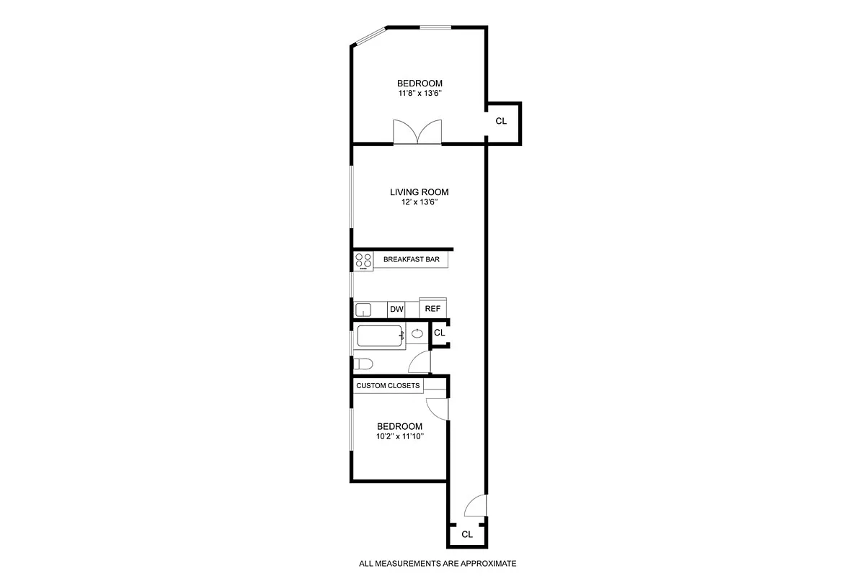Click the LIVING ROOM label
click(x=419, y=192)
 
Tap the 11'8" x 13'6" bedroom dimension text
click(x=420, y=94)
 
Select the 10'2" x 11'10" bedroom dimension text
click(x=399, y=436)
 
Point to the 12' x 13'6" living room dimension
click(x=419, y=203)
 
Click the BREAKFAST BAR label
click(x=411, y=259)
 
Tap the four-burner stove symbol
click(x=363, y=261)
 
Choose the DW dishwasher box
click(x=396, y=310)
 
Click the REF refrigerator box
click(x=432, y=309)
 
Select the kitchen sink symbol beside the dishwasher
click(x=364, y=310)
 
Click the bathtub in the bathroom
click(x=380, y=336)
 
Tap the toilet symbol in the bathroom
click(x=363, y=364)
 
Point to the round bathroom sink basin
click(x=418, y=333)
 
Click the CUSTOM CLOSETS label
click(x=388, y=386)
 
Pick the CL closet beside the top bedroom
click(x=502, y=122)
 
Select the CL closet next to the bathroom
click(x=440, y=333)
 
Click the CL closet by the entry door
click(x=467, y=534)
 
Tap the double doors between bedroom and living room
click(x=417, y=132)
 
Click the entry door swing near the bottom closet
click(x=476, y=507)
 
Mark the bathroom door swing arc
click(x=420, y=362)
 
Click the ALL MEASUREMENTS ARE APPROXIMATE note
click(x=438, y=564)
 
